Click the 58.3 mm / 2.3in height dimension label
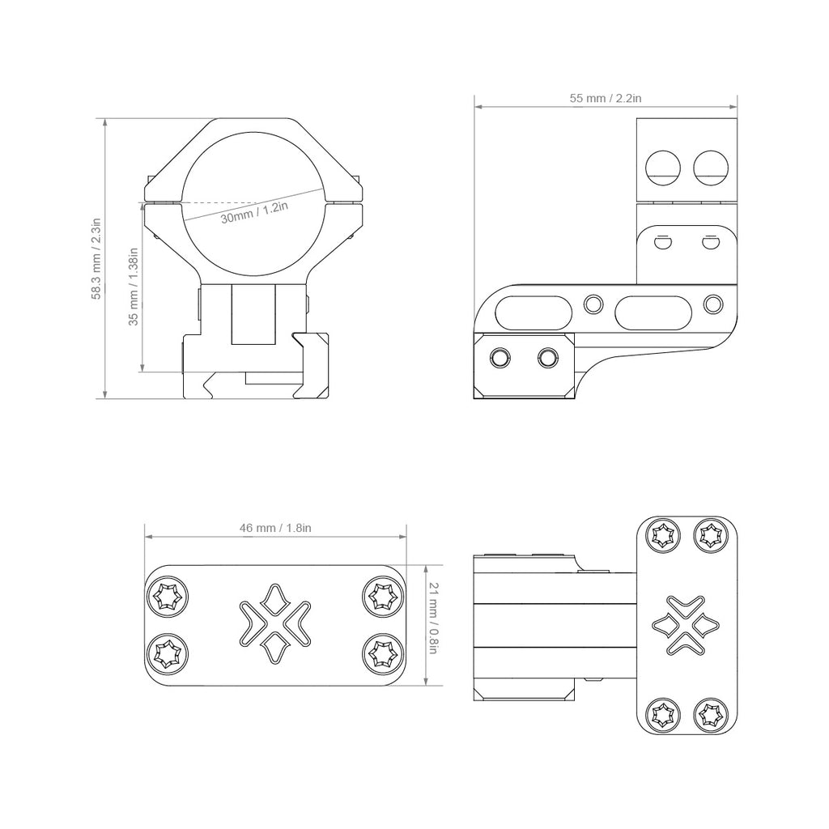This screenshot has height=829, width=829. click(96, 258)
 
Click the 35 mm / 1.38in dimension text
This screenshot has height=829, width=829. click(134, 287)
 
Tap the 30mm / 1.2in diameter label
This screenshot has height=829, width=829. click(254, 212)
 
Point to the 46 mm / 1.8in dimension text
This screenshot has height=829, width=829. click(275, 528)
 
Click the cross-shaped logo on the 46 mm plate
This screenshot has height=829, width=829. click(275, 623)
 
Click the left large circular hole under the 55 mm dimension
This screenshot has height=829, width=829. click(663, 168)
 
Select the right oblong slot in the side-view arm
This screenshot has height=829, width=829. click(653, 312)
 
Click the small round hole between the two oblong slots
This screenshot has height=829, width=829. click(593, 304)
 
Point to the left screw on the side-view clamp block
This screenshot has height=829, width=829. click(500, 358)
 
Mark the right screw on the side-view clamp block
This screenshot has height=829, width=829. click(547, 358)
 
